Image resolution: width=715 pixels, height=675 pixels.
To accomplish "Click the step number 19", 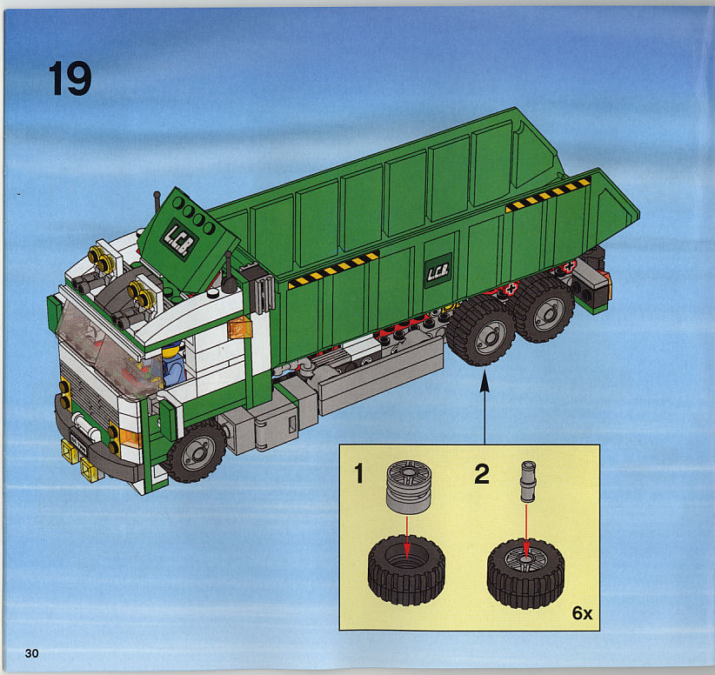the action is coord(70,78).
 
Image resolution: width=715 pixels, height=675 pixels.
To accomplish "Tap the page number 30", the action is coord(31,653).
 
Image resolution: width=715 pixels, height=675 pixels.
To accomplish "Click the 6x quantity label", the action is coord(582,613).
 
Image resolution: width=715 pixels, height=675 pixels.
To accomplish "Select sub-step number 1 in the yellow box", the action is coord(359,473).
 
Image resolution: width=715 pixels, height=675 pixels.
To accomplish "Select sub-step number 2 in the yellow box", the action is coord(482,474).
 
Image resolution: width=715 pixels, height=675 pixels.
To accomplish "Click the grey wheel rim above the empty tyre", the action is coord(409,487).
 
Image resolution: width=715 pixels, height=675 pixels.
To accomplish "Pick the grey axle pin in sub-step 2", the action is coord(528,481).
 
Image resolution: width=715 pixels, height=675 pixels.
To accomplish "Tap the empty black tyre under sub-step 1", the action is coord(406,570).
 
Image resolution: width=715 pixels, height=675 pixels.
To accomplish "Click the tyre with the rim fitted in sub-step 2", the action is coord(525,573).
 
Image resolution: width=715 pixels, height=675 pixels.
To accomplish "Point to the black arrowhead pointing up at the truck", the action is coord(484,382).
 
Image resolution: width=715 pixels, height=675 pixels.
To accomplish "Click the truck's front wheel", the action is coord(196,451).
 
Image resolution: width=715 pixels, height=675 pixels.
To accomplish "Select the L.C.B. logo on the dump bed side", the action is coord(438,271).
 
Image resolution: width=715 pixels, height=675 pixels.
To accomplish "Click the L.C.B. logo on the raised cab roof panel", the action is coord(179,238).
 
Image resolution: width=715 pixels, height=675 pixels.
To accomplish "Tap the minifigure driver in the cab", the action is coord(173,364).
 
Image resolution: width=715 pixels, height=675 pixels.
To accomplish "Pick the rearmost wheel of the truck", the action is coord(544,308).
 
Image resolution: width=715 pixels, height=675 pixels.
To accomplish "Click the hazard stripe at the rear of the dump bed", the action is coord(548,195).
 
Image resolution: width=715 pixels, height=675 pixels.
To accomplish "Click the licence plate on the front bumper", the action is coord(79,443).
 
